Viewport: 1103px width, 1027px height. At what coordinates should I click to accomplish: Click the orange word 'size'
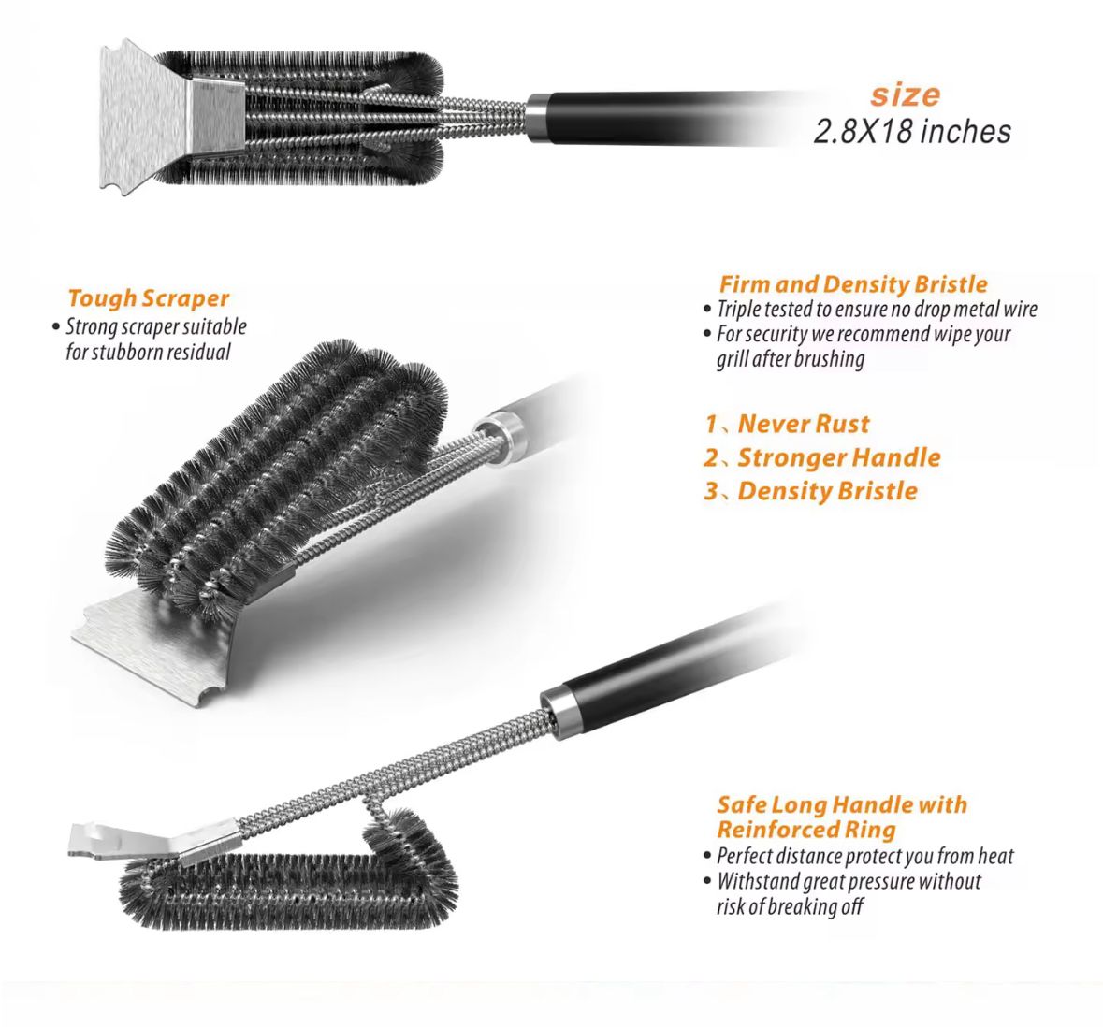tap(905, 94)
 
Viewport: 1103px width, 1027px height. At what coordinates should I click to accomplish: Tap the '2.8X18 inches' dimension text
tap(912, 131)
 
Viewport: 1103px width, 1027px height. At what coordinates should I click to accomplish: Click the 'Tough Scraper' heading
tap(148, 298)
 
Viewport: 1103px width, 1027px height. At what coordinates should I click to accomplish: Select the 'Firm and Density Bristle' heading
tap(852, 284)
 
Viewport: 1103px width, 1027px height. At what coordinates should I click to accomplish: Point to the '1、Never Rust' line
tap(787, 424)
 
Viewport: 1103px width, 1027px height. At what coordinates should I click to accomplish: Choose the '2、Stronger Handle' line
tap(821, 457)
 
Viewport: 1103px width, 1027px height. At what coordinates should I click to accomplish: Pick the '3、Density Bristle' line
tap(810, 491)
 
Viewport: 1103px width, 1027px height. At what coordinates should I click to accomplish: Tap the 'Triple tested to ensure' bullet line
tap(877, 310)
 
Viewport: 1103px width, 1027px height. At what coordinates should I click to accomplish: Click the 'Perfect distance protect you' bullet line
tap(864, 856)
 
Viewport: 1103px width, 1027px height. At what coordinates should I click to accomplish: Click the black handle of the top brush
tap(655, 116)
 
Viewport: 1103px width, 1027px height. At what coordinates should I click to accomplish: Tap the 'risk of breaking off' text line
tap(790, 906)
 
